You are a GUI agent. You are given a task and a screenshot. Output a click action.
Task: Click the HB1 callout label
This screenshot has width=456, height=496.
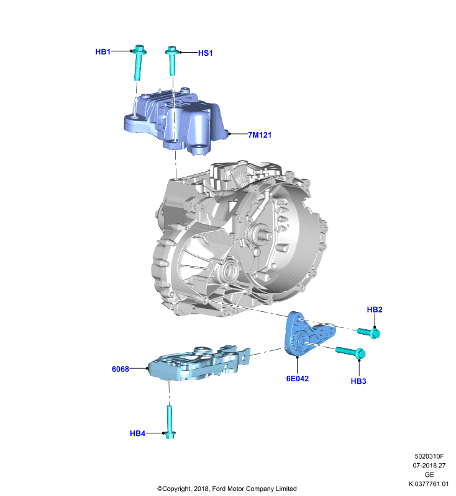[103, 51]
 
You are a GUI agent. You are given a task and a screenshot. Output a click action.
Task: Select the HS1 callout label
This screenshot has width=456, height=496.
[206, 53]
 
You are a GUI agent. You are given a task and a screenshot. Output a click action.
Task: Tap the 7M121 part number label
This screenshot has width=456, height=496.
[260, 135]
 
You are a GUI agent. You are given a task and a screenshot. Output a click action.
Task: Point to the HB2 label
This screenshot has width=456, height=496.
[375, 309]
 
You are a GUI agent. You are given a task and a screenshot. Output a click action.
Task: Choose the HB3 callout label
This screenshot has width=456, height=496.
[358, 381]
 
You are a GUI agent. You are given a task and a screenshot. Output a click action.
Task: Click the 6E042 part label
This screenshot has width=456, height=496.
[297, 379]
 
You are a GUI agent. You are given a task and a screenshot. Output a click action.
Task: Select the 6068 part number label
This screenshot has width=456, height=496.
[121, 369]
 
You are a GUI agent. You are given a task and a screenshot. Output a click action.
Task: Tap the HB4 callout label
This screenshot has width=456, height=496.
[137, 433]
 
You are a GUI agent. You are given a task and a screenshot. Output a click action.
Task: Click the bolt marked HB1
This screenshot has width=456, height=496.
[138, 63]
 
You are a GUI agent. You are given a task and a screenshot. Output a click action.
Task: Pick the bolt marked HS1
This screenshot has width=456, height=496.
[171, 61]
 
